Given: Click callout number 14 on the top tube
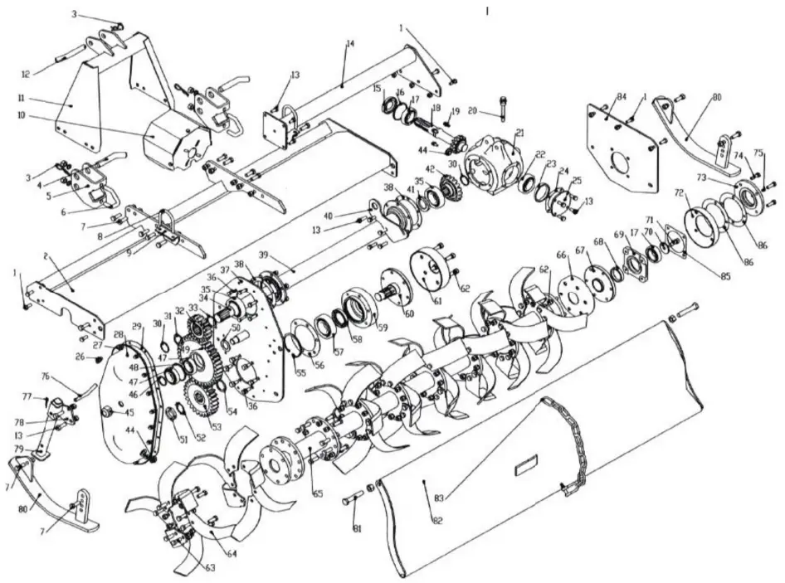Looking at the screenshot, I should pos(349,42).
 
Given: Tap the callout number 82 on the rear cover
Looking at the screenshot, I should pos(436,519).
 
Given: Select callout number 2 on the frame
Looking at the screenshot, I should pos(46,258).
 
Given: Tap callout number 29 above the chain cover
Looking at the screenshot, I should pos(137,327).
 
